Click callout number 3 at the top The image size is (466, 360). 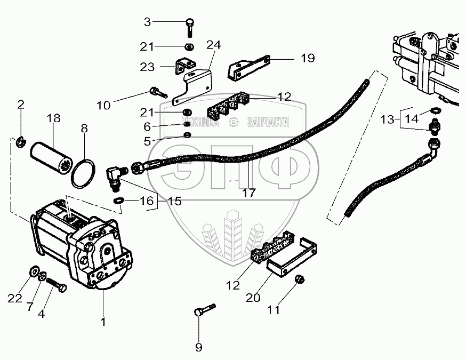pos(148,22)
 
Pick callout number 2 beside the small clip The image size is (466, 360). pos(21,105)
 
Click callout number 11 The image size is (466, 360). pos(272,309)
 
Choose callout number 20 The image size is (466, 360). pos(253,297)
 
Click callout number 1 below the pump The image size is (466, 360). pos(103,322)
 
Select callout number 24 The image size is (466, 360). pos(213,45)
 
